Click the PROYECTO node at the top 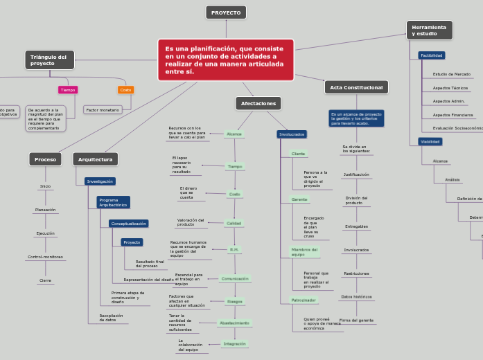click(x=226, y=12)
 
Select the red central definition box click(x=226, y=60)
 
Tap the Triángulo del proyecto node click(x=49, y=60)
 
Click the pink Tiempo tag click(x=68, y=90)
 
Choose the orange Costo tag click(x=125, y=90)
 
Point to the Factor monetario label click(x=103, y=109)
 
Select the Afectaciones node click(x=258, y=103)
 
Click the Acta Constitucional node click(x=356, y=87)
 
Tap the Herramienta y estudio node click(x=428, y=30)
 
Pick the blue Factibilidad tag click(x=432, y=55)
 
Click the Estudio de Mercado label click(x=452, y=73)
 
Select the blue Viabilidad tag click(x=430, y=141)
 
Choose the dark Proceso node click(x=45, y=159)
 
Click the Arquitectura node click(x=95, y=159)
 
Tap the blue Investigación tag click(x=100, y=181)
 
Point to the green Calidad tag click(x=234, y=223)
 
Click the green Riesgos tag click(x=235, y=301)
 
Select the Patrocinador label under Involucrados click(x=299, y=300)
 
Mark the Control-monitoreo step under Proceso click(x=45, y=257)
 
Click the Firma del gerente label click(x=356, y=321)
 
